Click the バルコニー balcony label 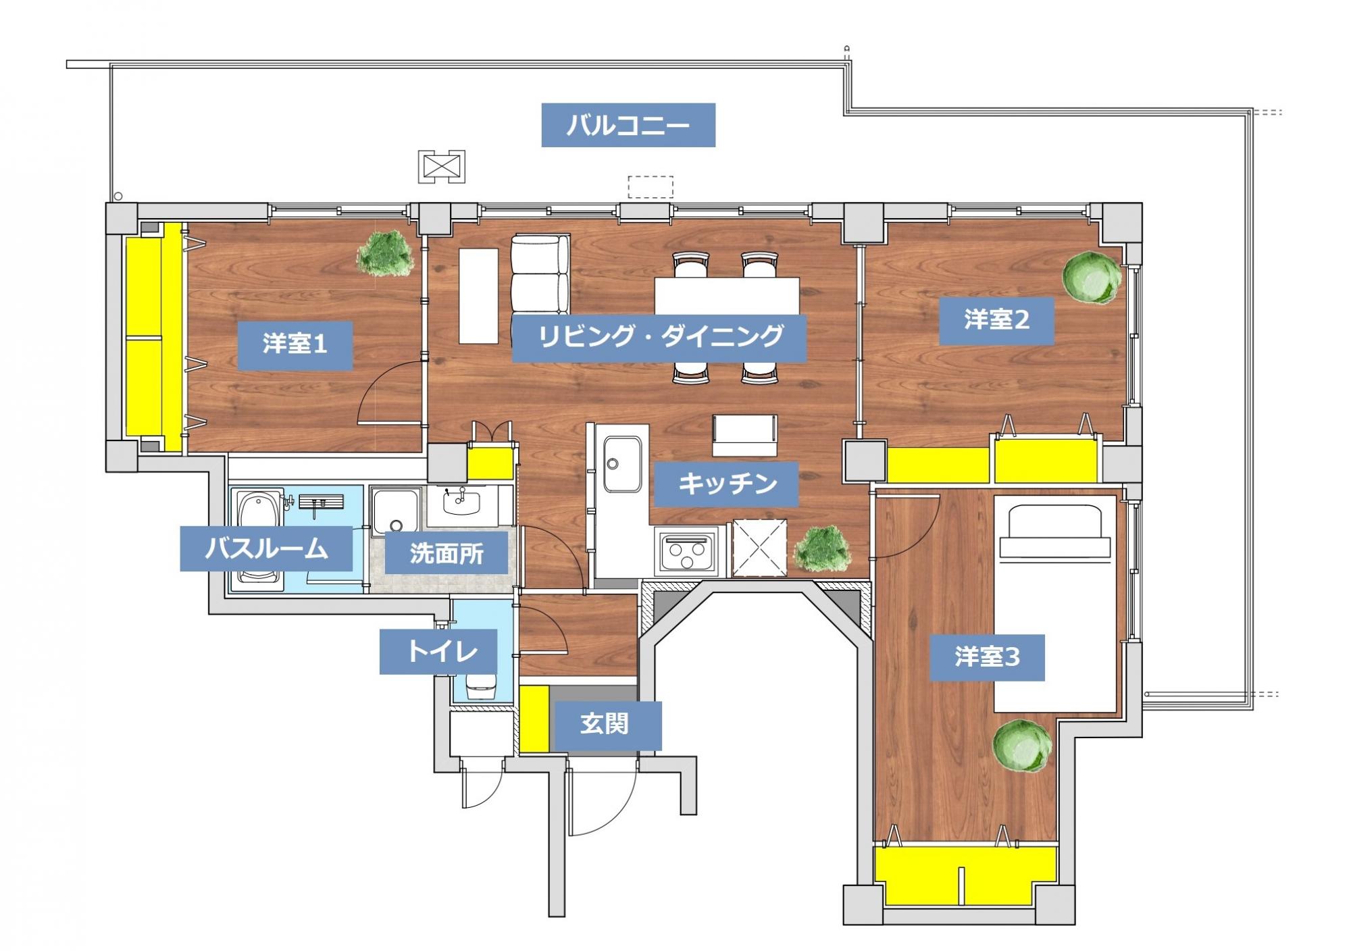[x=628, y=125]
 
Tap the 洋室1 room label [x=295, y=345]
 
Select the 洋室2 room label [x=996, y=320]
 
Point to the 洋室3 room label [x=987, y=657]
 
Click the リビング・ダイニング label [x=659, y=338]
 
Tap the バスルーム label [x=266, y=548]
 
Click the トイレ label [x=438, y=652]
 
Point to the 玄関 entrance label [x=605, y=724]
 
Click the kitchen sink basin [x=622, y=463]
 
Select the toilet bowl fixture [x=482, y=686]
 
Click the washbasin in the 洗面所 [x=462, y=503]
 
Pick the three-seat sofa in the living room [x=540, y=274]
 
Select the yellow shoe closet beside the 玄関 [x=534, y=719]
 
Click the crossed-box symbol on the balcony [x=441, y=166]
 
